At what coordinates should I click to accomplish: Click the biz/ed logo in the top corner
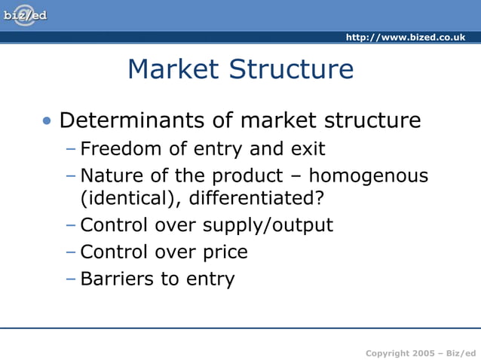pyautogui.click(x=24, y=16)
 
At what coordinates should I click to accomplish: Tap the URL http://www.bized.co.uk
pyautogui.click(x=405, y=38)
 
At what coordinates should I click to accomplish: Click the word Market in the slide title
pyautogui.click(x=174, y=69)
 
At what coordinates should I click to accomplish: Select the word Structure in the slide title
pyautogui.click(x=292, y=69)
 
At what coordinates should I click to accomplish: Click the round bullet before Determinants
pyautogui.click(x=48, y=121)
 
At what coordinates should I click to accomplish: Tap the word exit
pyautogui.click(x=308, y=148)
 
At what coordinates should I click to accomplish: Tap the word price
pyautogui.click(x=224, y=252)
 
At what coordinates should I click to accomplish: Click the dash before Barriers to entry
pyautogui.click(x=71, y=279)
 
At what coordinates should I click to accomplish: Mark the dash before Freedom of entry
pyautogui.click(x=71, y=148)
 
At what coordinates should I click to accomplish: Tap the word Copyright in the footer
pyautogui.click(x=388, y=353)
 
